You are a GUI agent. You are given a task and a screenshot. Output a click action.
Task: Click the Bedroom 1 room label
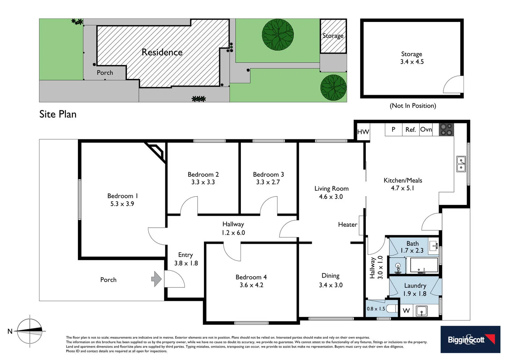pos(122,196)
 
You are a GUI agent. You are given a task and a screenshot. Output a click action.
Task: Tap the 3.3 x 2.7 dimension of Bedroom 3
pos(268,182)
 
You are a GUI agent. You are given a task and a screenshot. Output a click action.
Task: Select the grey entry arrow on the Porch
pos(157,279)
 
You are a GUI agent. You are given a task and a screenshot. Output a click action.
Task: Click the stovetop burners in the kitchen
pos(446,130)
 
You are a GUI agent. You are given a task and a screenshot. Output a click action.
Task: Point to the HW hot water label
pos(363,132)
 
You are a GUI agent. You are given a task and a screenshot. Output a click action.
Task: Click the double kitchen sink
pos(461,164)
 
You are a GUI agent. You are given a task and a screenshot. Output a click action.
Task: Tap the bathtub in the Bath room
pos(424,266)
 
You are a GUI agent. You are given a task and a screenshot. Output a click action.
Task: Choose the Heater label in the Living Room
pos(347,225)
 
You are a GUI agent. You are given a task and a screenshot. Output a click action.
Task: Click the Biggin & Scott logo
pos(470,339)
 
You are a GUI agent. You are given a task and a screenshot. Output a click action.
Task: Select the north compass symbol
pos(30,331)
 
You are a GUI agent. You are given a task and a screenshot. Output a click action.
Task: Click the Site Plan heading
pos(58,114)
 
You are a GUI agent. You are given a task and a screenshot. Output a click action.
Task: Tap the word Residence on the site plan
pos(162,52)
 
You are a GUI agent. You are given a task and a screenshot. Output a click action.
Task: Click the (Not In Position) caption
pos(413,106)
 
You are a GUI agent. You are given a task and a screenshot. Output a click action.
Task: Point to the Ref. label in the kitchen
pos(410,130)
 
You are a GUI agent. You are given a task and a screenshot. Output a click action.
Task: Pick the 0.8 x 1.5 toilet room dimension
pos(376,309)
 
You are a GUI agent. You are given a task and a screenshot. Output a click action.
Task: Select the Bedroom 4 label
pos(251,277)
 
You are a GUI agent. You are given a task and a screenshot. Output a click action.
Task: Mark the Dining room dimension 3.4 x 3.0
pos(330,285)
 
